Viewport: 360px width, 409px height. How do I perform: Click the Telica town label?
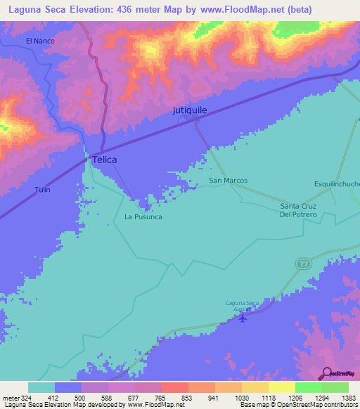104,160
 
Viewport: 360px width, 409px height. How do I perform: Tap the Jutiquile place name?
190,110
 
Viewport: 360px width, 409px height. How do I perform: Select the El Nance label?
40,41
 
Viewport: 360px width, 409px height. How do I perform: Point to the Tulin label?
42,190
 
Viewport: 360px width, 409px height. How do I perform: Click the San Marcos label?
229,181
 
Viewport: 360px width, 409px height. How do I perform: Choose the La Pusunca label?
143,216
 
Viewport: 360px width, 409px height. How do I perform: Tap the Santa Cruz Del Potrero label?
298,210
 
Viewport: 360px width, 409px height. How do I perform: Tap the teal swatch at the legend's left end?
41,387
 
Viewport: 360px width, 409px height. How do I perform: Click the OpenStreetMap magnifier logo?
327,372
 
